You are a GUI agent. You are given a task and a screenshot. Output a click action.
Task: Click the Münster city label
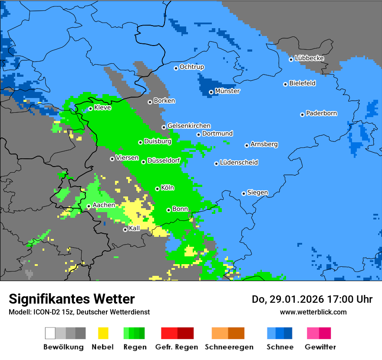tap(227, 91)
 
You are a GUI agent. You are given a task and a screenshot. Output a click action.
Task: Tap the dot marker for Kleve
tap(90, 108)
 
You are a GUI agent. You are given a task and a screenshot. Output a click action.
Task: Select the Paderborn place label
tap(321, 113)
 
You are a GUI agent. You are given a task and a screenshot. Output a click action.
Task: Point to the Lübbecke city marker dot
tap(291, 59)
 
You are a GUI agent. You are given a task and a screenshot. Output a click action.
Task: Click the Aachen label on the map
tap(104, 205)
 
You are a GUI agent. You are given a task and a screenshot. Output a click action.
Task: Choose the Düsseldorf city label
tap(164, 160)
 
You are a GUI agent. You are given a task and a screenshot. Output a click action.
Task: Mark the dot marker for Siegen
tap(244, 193)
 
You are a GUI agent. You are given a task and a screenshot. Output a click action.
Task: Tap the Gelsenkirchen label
tap(189, 126)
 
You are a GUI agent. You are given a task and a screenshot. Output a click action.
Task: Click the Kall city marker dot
tap(125, 229)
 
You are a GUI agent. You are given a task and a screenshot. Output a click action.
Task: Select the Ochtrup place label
tap(192, 67)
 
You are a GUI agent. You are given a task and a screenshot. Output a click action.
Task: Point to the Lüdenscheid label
tap(239, 163)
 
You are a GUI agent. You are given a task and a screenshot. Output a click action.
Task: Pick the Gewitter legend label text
tap(320, 347)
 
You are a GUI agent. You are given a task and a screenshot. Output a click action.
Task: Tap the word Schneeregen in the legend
tap(229, 347)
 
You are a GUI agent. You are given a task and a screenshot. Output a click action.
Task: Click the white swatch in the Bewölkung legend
tap(50, 333)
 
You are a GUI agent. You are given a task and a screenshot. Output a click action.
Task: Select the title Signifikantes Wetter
tap(72, 299)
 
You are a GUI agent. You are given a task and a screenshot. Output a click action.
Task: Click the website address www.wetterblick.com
tap(313, 312)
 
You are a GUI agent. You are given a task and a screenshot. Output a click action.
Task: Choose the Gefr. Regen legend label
tap(177, 347)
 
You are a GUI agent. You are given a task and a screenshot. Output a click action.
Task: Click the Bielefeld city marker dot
tap(285, 84)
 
